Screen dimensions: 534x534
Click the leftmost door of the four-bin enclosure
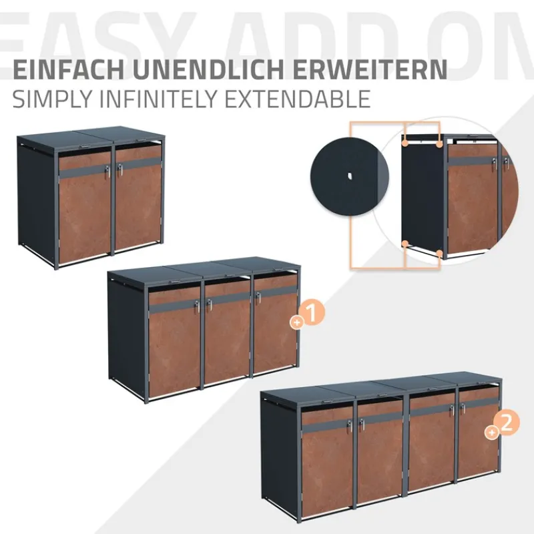point(327,461)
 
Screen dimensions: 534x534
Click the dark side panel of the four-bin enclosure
point(279,461)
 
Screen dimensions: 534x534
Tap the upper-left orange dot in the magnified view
point(405,142)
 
